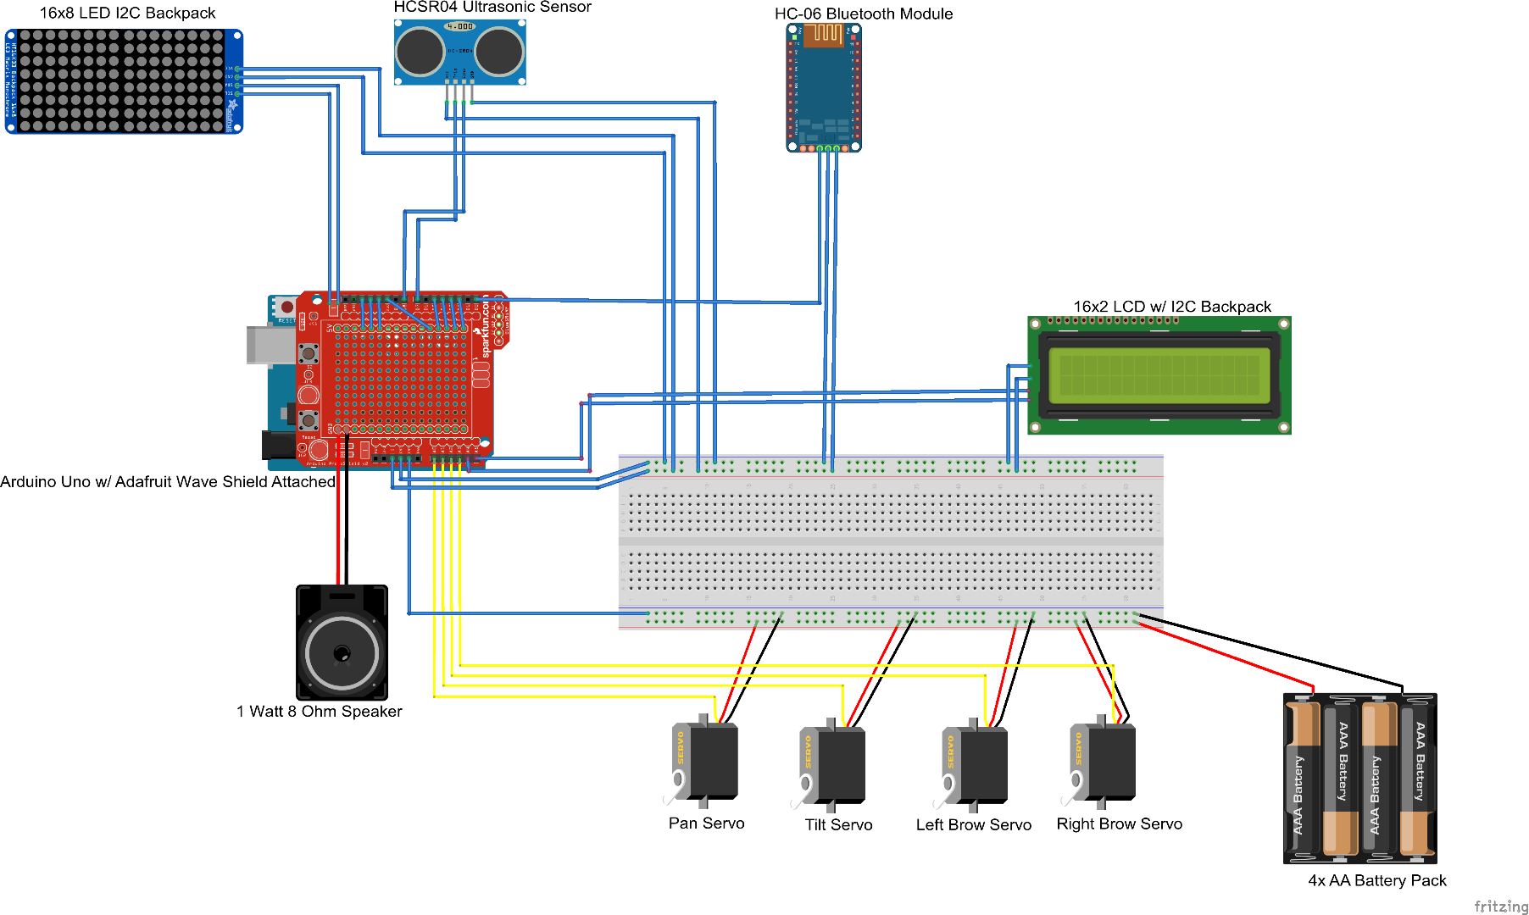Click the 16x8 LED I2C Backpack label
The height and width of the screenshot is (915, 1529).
coord(127,13)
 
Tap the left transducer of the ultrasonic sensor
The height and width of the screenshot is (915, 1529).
coord(420,51)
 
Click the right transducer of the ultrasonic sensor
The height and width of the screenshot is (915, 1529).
coord(499,51)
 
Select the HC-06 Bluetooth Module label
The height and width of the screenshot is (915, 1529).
coord(863,14)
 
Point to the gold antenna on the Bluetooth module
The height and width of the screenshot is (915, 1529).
coord(823,35)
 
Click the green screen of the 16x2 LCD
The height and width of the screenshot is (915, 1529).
coord(1159,375)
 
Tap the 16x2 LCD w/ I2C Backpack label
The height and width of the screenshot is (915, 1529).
coord(1171,307)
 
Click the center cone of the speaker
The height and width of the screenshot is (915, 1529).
coord(342,653)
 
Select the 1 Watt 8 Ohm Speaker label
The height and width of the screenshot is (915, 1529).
coord(319,712)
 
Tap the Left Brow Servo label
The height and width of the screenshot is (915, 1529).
coord(973,825)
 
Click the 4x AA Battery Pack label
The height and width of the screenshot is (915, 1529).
coord(1376,880)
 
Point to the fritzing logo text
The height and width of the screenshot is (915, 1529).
coord(1500,906)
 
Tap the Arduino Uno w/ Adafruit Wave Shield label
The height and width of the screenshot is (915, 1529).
coord(168,482)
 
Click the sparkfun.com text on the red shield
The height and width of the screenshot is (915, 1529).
coord(486,325)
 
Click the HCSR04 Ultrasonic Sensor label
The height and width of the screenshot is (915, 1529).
coord(492,8)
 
